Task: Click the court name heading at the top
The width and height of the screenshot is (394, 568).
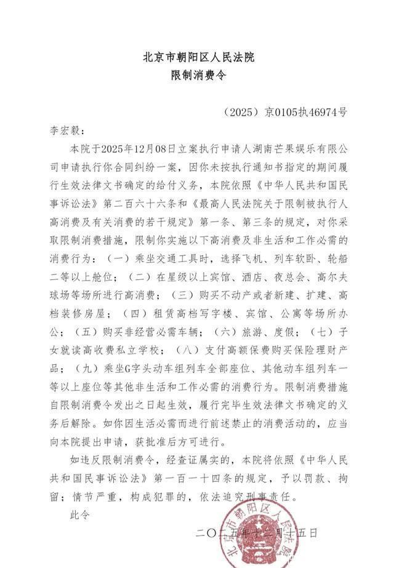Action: tap(198, 57)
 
